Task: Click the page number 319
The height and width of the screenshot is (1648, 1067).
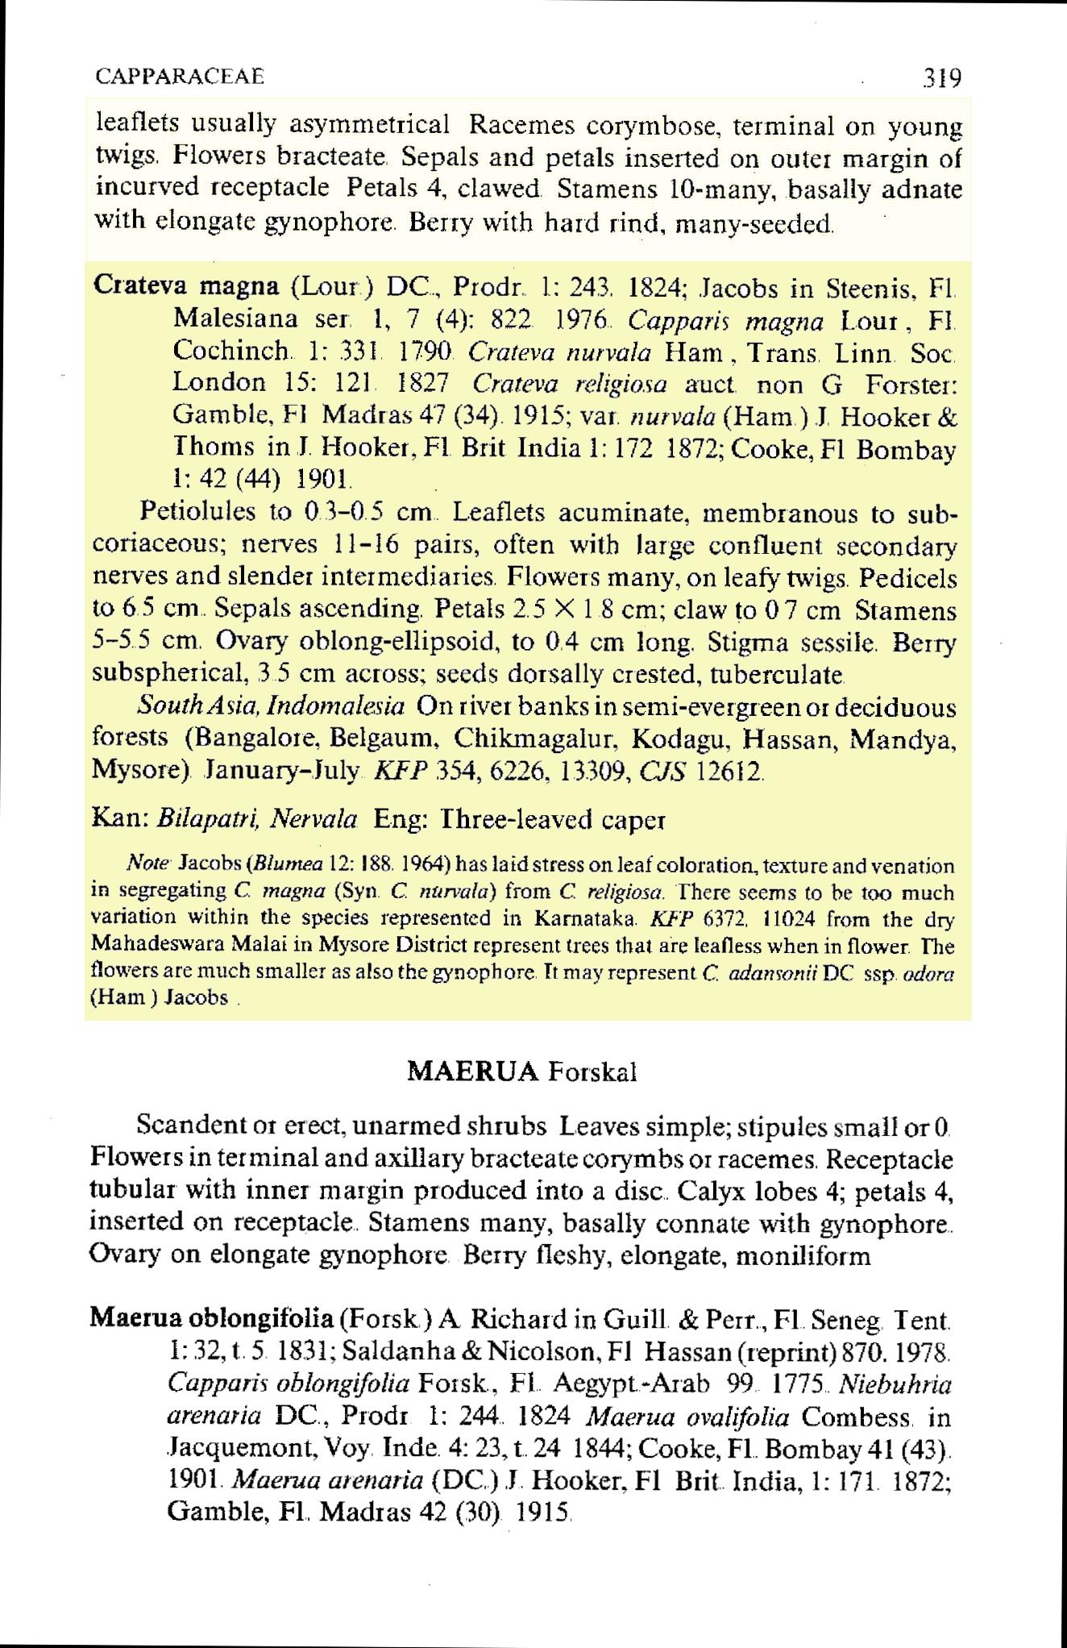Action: tap(942, 78)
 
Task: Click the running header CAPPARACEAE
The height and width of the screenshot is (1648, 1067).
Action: tap(180, 77)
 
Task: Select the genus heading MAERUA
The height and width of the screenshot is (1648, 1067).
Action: tap(473, 1072)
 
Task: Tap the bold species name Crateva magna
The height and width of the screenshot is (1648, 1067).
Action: tap(187, 286)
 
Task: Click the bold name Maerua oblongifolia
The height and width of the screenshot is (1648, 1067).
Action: tap(211, 1319)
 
